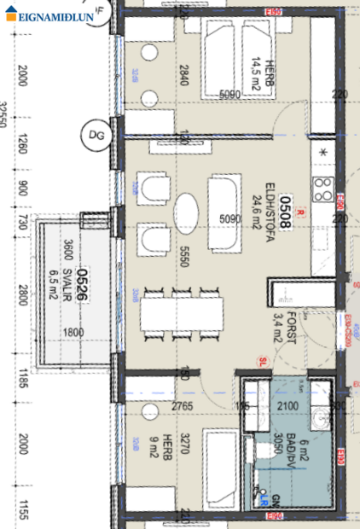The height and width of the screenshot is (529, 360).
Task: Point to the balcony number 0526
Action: pos(84,281)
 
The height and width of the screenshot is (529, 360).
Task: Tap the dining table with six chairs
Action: pos(180,318)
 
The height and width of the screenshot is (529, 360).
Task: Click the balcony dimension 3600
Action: pos(67,253)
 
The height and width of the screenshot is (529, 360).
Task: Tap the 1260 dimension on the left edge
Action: pos(22,146)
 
